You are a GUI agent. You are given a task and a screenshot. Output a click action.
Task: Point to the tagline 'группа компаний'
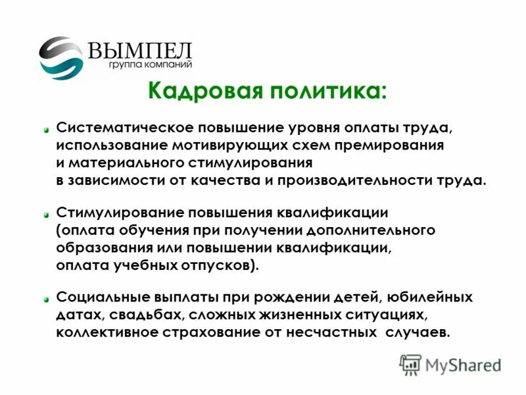pyautogui.click(x=151, y=66)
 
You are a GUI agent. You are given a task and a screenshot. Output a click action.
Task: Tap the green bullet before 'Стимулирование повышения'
pyautogui.click(x=47, y=215)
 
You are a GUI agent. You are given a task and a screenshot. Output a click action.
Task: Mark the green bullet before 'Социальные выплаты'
pyautogui.click(x=47, y=299)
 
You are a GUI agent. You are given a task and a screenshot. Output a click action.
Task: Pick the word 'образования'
pyautogui.click(x=99, y=248)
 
